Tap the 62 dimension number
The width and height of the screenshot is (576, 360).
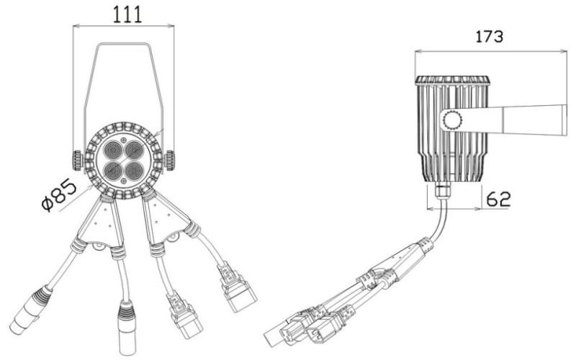498,199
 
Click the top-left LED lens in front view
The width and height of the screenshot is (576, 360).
114,150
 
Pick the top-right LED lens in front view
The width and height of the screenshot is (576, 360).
134,150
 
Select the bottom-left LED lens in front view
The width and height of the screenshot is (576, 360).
114,170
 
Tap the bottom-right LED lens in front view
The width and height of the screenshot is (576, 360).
134,170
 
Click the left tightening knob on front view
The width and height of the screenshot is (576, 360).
77,160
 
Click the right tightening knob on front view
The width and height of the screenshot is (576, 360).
170,160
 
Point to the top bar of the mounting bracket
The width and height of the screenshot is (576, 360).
123,45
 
